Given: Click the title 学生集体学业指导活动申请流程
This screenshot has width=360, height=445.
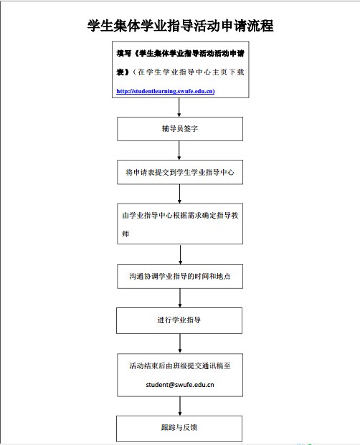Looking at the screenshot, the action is click(180, 26).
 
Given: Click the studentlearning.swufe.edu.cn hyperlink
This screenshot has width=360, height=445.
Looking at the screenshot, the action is click(166, 91).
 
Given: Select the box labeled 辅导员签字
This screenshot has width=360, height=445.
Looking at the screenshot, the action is click(180, 129).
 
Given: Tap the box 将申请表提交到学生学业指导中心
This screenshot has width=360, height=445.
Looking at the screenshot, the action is click(180, 172).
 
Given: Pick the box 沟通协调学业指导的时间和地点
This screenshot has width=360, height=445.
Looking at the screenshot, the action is click(180, 277).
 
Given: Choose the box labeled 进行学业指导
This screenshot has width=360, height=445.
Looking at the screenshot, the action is click(179, 320).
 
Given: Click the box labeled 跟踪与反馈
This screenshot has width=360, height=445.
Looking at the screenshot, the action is click(179, 429).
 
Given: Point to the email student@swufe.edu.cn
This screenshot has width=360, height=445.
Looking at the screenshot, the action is click(180, 385).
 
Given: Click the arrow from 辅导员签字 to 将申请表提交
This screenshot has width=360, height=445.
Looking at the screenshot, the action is click(179, 150).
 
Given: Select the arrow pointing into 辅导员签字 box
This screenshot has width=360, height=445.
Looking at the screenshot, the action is click(179, 107).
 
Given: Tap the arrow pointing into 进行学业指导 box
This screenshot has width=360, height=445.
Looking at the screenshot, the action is click(180, 298).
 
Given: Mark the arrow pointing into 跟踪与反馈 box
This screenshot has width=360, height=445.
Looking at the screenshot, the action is click(180, 406).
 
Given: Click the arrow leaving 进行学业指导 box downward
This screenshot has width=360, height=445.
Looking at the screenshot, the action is click(180, 343).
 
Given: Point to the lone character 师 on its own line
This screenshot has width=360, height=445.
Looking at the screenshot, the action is click(125, 234).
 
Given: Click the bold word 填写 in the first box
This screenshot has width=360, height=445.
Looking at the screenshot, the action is click(123, 53).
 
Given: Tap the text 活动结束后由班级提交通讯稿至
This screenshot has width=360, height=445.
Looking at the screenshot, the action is click(180, 366).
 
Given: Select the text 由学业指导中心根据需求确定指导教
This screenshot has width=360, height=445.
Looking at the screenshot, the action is click(180, 216).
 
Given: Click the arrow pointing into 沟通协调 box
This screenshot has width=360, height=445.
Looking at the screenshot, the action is click(180, 254).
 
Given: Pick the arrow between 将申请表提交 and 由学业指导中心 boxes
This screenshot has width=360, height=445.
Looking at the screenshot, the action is click(179, 193).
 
